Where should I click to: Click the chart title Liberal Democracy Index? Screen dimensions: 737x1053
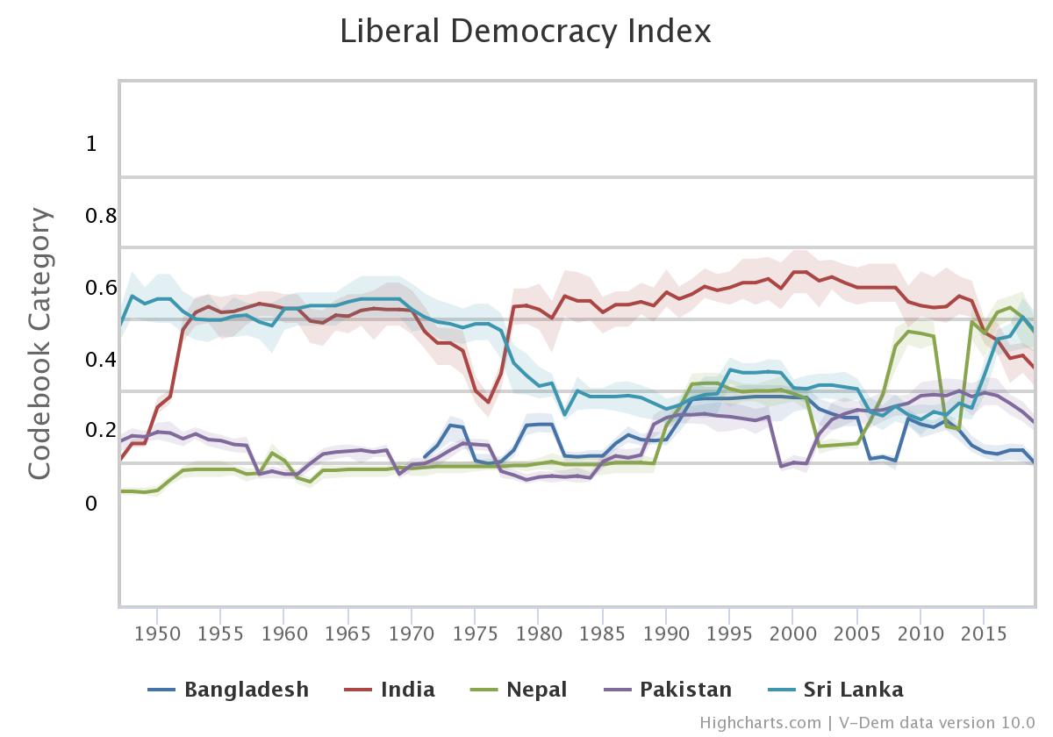click(525, 32)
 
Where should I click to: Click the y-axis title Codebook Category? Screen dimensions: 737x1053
click(39, 343)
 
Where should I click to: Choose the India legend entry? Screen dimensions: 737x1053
click(407, 690)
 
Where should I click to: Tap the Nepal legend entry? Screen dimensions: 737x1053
click(536, 690)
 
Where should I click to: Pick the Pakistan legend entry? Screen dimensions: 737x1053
click(685, 690)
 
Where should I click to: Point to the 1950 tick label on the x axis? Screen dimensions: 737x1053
click(158, 633)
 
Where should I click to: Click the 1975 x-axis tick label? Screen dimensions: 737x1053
click(476, 633)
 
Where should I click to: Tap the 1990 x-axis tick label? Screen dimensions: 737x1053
click(666, 633)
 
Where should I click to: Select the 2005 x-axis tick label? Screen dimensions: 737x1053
click(856, 633)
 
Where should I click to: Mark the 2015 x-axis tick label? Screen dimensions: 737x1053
click(984, 633)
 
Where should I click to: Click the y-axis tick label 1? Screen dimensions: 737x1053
click(91, 144)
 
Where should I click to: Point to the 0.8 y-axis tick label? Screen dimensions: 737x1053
click(101, 216)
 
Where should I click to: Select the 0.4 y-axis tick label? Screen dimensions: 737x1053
click(101, 360)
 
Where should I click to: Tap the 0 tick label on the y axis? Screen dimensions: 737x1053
click(91, 504)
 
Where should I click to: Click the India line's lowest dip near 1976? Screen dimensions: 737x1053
click(488, 403)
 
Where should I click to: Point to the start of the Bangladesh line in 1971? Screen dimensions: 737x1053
click(425, 457)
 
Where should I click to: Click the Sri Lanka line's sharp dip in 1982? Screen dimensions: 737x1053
click(564, 414)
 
